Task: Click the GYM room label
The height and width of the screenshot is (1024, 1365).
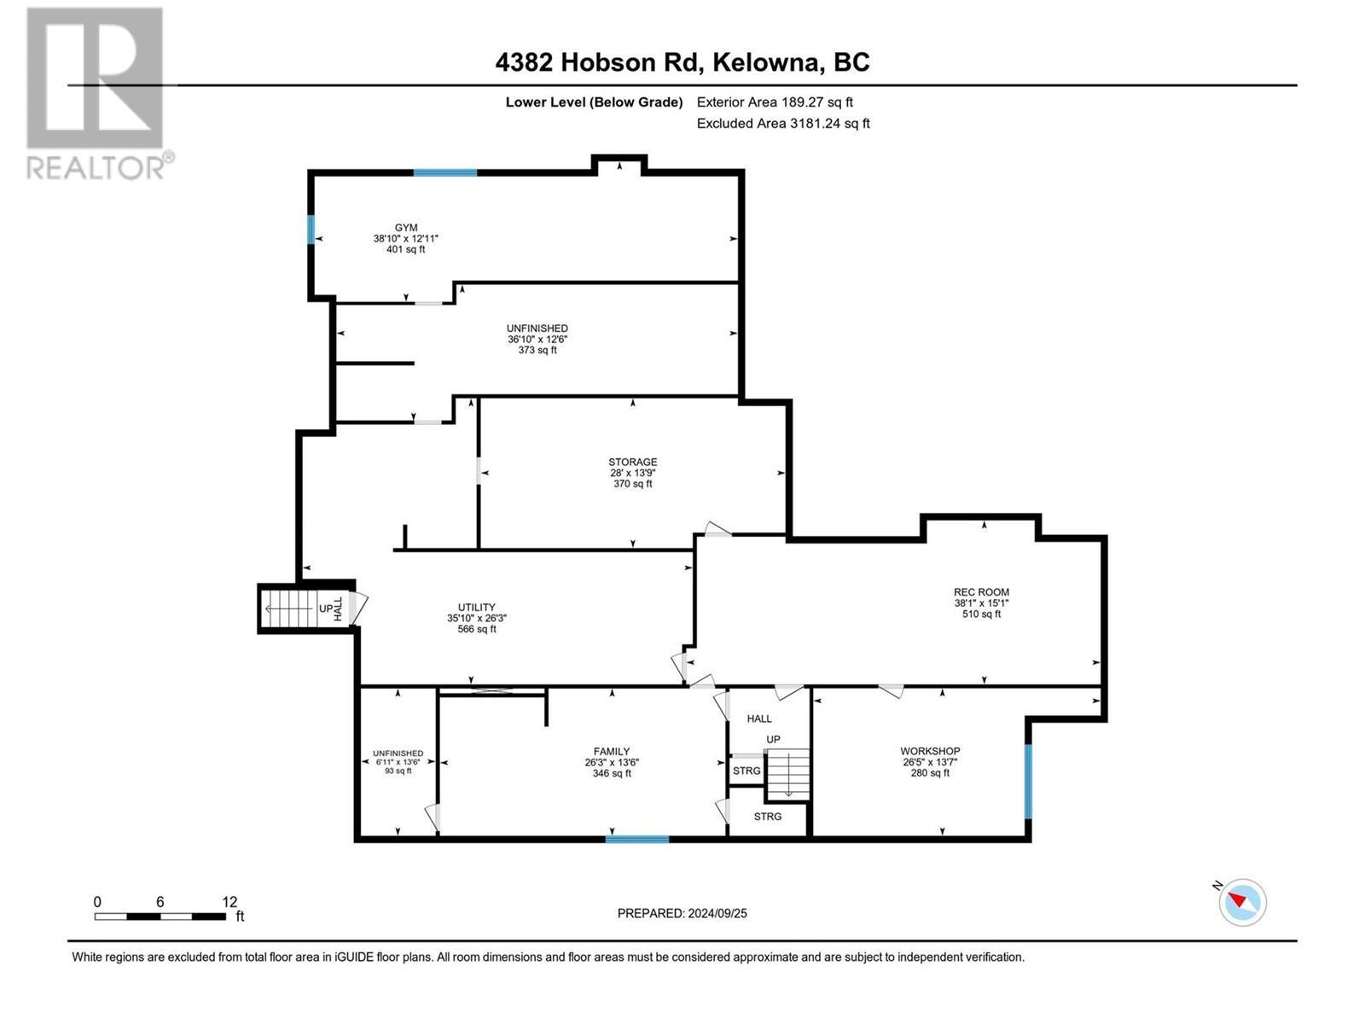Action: (406, 228)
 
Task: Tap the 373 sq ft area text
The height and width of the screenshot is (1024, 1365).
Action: (537, 350)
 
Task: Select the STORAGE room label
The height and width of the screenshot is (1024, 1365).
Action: (632, 462)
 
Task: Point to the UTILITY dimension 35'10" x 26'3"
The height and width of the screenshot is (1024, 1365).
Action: (476, 619)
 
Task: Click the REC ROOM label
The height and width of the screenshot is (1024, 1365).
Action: (981, 591)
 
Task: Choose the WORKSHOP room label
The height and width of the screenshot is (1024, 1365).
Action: (930, 751)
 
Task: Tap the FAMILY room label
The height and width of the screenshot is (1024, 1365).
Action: (612, 752)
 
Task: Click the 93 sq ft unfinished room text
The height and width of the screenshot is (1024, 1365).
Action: (398, 771)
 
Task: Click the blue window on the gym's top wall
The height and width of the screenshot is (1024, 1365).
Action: (445, 172)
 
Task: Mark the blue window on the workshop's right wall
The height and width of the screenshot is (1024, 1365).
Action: (1028, 781)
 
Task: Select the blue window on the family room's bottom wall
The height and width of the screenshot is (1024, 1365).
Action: (637, 840)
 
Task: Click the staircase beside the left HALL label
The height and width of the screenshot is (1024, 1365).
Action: (290, 608)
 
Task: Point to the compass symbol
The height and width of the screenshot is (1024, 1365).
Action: (1242, 902)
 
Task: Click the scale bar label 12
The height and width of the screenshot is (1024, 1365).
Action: (229, 902)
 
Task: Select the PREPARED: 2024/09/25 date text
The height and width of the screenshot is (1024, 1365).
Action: (682, 913)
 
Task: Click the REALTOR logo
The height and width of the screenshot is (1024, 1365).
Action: (99, 94)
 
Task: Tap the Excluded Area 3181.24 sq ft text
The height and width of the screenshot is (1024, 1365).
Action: (783, 123)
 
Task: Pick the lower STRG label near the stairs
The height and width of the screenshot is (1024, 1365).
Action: (768, 817)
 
